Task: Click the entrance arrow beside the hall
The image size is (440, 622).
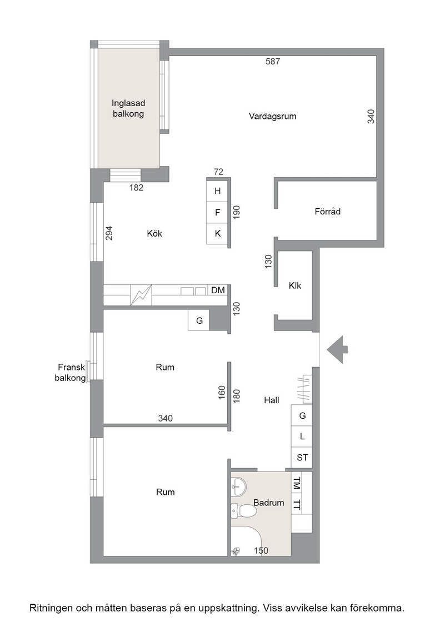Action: tap(337, 349)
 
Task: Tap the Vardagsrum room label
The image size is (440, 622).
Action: tap(273, 116)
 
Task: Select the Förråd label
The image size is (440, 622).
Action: tap(328, 212)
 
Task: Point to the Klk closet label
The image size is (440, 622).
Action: tap(295, 285)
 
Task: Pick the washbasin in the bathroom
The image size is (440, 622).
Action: tap(239, 486)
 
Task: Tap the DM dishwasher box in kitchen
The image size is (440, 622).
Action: tap(218, 290)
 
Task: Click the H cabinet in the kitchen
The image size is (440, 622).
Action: tap(217, 191)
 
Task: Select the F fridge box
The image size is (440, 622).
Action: tap(217, 213)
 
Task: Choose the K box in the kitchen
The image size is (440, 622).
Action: tap(217, 234)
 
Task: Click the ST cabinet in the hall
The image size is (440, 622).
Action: tap(302, 458)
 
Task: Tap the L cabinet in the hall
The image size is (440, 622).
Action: tap(302, 437)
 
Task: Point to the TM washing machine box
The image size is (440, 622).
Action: tap(296, 483)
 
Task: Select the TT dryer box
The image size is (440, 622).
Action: tap(296, 505)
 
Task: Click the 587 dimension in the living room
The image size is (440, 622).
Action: tap(273, 62)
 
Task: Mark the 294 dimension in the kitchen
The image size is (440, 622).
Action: tap(109, 233)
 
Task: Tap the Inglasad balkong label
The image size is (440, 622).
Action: tap(128, 109)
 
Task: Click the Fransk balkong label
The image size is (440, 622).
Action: tap(70, 373)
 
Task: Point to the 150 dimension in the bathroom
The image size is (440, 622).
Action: tap(261, 550)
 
